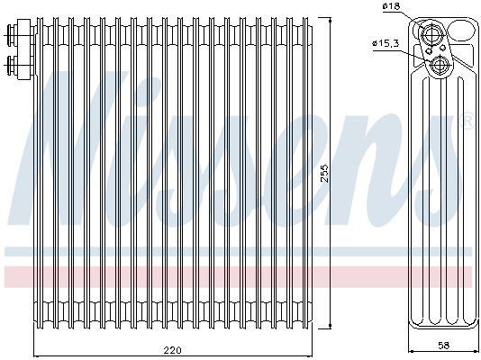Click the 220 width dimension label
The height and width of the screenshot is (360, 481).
coord(172,349)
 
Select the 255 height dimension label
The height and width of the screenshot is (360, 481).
coord(324,174)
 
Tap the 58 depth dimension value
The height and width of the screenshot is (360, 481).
coord(443,346)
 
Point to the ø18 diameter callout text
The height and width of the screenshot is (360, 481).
coord(392,5)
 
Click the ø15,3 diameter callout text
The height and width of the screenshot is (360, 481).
coord(386,43)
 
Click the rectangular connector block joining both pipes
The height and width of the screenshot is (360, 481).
coord(25,49)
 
